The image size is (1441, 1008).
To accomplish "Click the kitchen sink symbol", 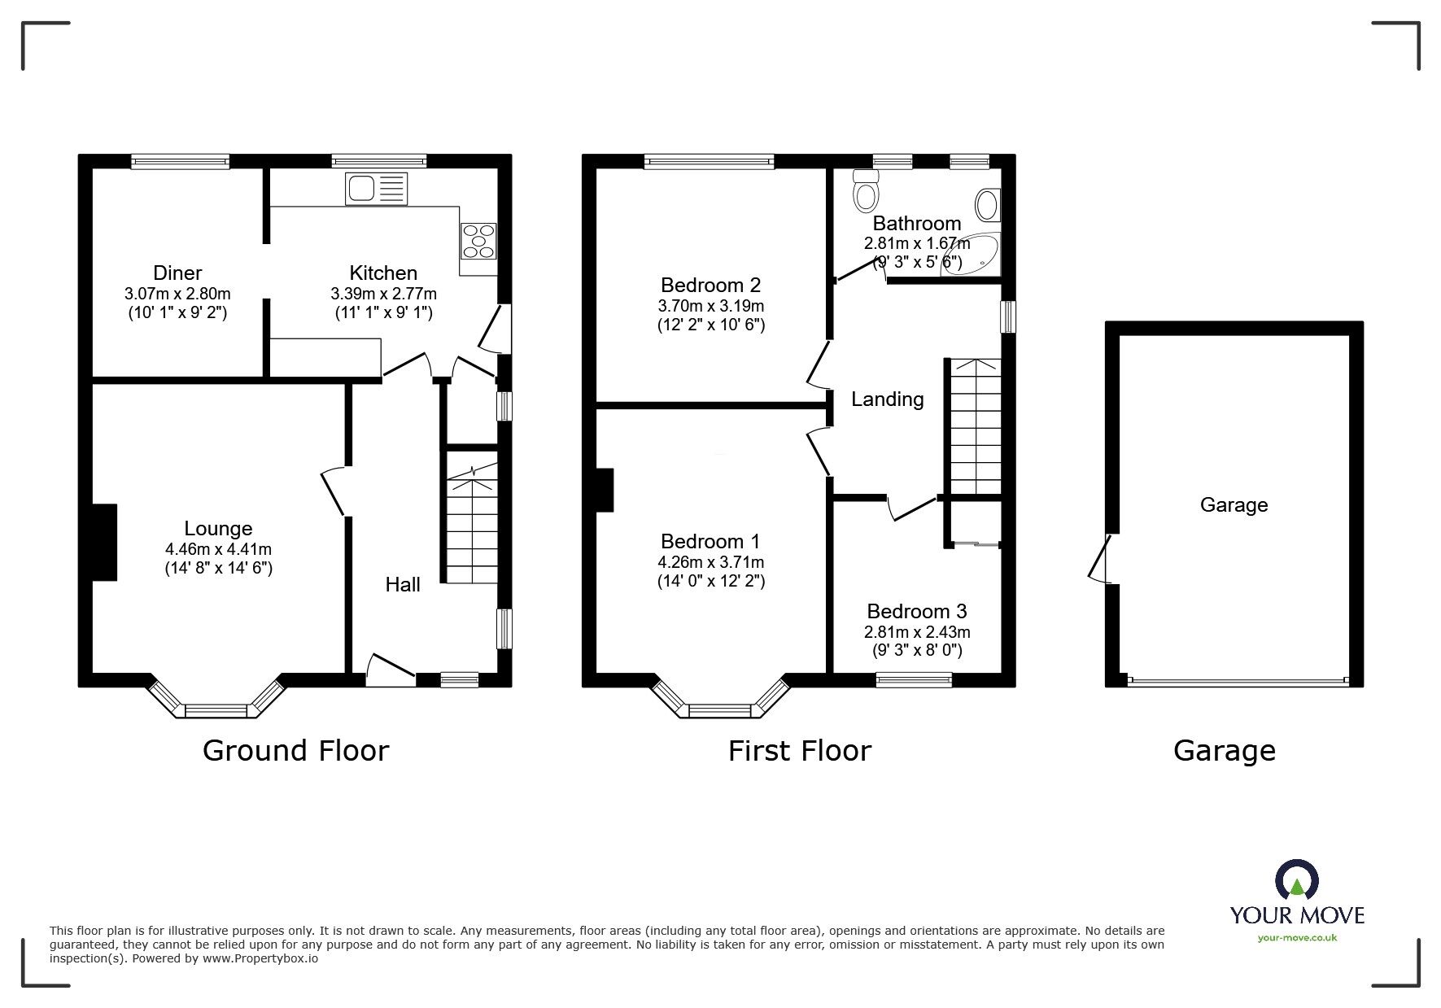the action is pyautogui.click(x=376, y=189).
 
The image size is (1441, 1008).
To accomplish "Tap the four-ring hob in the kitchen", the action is pyautogui.click(x=478, y=241).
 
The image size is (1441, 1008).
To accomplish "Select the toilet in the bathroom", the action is pyautogui.click(x=865, y=190).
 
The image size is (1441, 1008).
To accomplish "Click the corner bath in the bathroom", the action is pyautogui.click(x=972, y=255).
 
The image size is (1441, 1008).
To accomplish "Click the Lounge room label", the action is pyautogui.click(x=218, y=529).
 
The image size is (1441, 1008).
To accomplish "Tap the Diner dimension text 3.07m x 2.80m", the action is pyautogui.click(x=177, y=294).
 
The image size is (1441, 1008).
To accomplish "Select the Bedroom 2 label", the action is pyautogui.click(x=711, y=285).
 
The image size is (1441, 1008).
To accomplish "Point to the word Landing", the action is pyautogui.click(x=888, y=399).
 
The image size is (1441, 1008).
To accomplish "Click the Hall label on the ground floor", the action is pyautogui.click(x=403, y=584).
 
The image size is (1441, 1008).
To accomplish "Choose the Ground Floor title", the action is pyautogui.click(x=296, y=750).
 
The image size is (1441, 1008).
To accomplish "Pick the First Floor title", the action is pyautogui.click(x=800, y=750).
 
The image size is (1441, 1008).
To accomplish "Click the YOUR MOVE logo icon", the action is pyautogui.click(x=1297, y=881).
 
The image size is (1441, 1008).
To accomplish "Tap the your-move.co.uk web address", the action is pyautogui.click(x=1298, y=938).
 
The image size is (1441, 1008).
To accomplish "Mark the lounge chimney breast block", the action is pyautogui.click(x=105, y=543).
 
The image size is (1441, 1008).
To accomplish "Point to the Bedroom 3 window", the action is pyautogui.click(x=914, y=679).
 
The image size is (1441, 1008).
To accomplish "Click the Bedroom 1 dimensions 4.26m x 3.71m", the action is pyautogui.click(x=711, y=562).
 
